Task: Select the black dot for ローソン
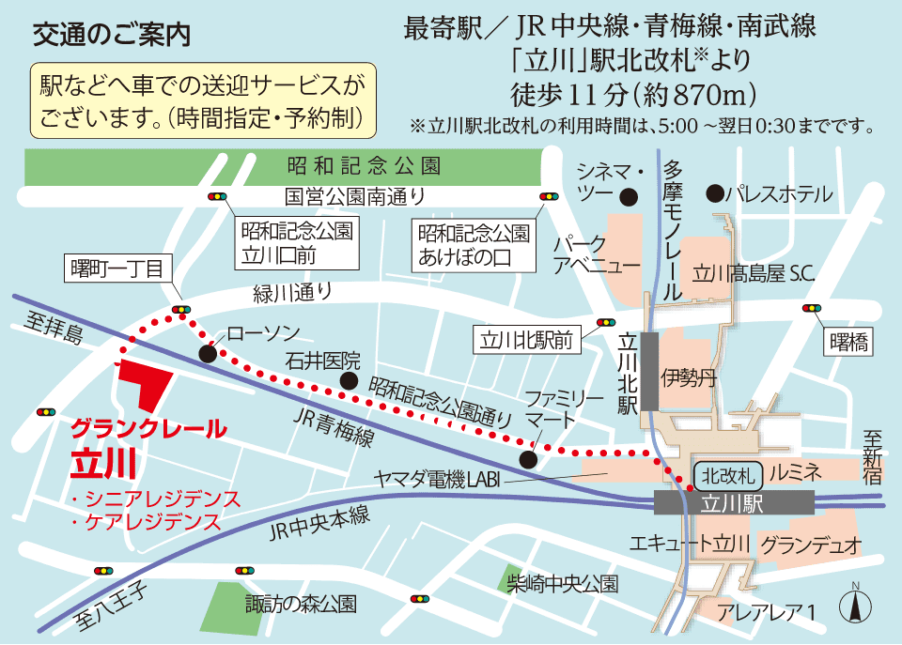click(x=208, y=353)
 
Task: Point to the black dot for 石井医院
click(x=349, y=380)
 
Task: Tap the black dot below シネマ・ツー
click(x=628, y=196)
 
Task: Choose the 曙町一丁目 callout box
click(x=117, y=269)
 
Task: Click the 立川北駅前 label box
click(x=527, y=338)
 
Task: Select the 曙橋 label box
click(x=848, y=342)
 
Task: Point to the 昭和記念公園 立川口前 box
click(x=296, y=242)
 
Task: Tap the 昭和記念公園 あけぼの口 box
click(x=474, y=242)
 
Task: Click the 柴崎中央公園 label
click(x=561, y=583)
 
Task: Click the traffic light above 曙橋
click(x=810, y=308)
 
